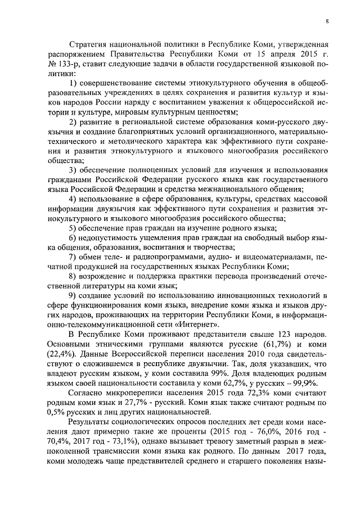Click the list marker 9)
click(x=74, y=296)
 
